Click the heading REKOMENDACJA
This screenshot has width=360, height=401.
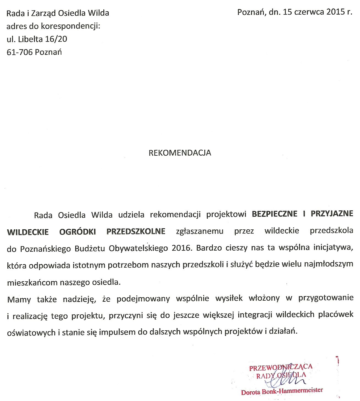point(180,153)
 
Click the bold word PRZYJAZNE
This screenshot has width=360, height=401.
point(332,214)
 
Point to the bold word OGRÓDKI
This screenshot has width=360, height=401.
point(78,232)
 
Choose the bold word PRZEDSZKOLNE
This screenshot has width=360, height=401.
point(136,232)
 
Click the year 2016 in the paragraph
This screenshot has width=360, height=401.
point(181,248)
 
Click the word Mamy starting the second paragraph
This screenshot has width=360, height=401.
point(19,299)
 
